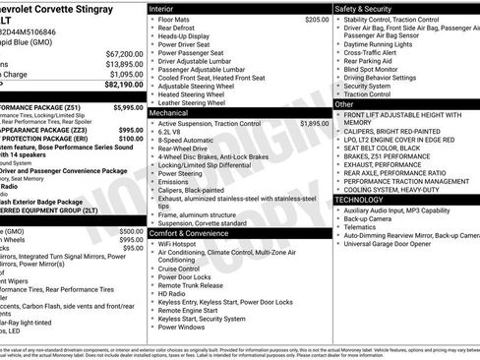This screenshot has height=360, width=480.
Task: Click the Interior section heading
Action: pos(162,8)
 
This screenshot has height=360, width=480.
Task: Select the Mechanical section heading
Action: pos(170,113)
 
